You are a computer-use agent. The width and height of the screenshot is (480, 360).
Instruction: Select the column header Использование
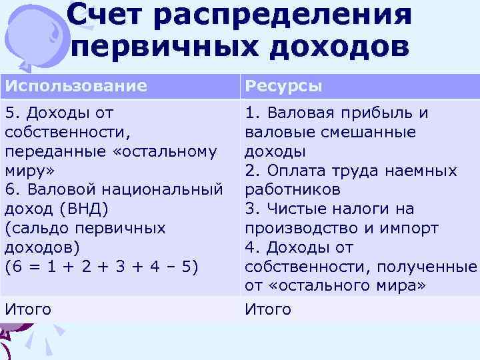[75, 86]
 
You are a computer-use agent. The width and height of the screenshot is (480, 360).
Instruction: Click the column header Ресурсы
[284, 86]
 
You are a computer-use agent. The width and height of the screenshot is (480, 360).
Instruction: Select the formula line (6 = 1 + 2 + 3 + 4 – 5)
[100, 267]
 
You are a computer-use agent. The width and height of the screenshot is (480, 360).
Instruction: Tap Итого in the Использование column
[27, 309]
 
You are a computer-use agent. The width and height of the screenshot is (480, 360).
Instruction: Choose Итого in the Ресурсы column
[268, 309]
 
